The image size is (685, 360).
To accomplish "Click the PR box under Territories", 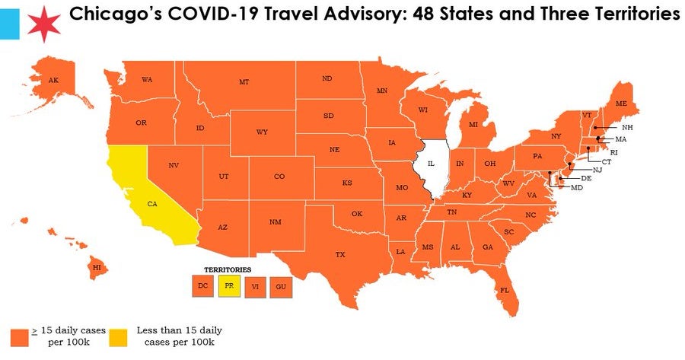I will tap(228, 285).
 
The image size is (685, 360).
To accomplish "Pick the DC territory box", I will tap(202, 285).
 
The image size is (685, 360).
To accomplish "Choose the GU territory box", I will tap(281, 287).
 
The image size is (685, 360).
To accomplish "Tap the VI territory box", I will tap(255, 287).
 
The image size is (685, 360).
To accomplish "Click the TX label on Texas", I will tap(339, 254).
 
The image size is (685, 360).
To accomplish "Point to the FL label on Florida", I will tap(504, 290).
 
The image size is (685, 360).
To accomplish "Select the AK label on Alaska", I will tap(53, 80).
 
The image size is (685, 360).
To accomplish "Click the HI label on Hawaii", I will tap(97, 267).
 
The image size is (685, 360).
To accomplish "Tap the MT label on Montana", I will tap(244, 82).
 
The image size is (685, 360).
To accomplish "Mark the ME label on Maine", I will tap(621, 104).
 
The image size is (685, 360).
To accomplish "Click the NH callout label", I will tap(626, 127).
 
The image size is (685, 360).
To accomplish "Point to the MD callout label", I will tap(576, 187).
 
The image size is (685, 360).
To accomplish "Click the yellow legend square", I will tap(118, 337).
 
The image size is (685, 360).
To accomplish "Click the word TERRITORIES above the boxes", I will tap(227, 269).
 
